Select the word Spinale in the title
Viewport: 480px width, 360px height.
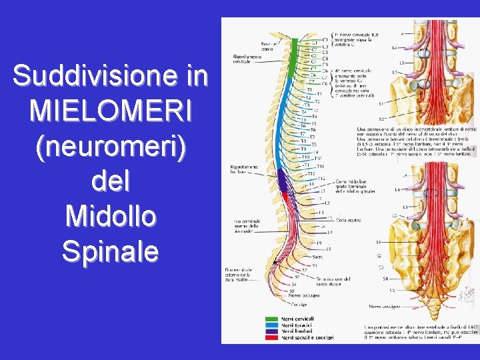click(110, 251)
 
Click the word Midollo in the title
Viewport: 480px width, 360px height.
click(110, 217)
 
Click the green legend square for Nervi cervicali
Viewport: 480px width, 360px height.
click(271, 319)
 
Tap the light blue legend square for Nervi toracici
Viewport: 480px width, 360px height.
click(271, 326)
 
